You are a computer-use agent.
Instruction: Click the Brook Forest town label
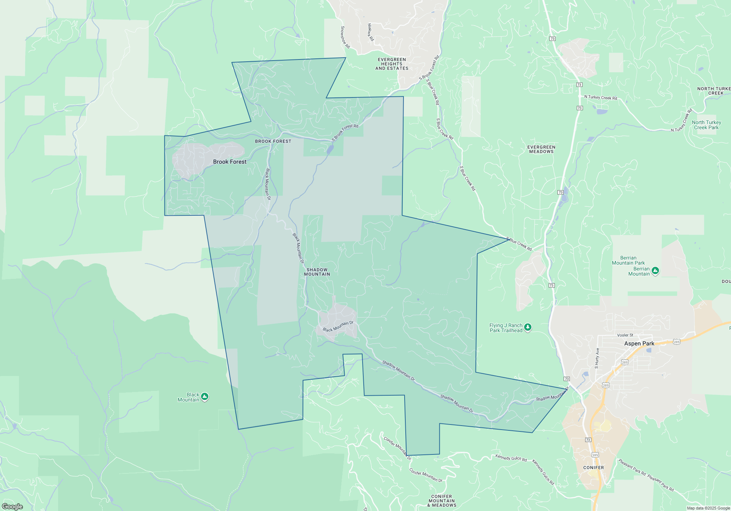(x=230, y=162)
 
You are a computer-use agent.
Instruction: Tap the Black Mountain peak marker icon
(x=205, y=396)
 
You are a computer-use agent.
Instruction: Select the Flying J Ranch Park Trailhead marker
(x=527, y=327)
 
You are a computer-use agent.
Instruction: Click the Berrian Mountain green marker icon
(x=655, y=271)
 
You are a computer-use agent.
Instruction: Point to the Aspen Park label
(x=639, y=343)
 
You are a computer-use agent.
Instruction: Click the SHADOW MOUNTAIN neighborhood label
(x=317, y=272)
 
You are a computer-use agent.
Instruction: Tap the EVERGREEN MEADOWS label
(x=541, y=149)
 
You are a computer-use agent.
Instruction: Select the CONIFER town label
(x=594, y=468)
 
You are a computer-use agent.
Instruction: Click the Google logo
(x=12, y=506)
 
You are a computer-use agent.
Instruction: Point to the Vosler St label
(x=625, y=335)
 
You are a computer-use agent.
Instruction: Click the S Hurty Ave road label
(x=597, y=358)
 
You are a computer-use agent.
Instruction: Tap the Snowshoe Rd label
(x=345, y=37)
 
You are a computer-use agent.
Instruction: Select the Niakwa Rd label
(x=371, y=32)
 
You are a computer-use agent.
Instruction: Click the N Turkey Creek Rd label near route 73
(x=601, y=97)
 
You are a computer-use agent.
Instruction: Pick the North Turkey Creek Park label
(x=706, y=125)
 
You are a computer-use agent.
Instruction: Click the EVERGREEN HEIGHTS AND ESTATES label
(x=392, y=64)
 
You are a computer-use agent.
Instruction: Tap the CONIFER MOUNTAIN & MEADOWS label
(x=442, y=501)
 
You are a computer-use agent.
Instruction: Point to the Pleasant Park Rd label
(x=632, y=467)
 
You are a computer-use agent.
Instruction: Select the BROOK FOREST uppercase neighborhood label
(x=273, y=141)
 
